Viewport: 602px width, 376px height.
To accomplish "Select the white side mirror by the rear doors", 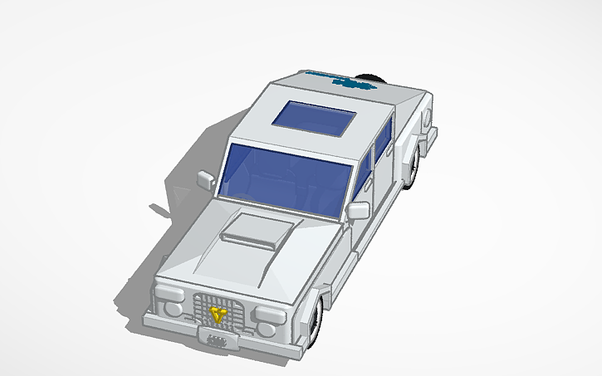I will click(358, 210).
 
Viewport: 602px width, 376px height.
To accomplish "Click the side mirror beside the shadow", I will click(203, 178).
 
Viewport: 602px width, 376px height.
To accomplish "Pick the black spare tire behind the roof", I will click(371, 79).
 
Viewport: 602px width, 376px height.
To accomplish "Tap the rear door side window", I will click(384, 144).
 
